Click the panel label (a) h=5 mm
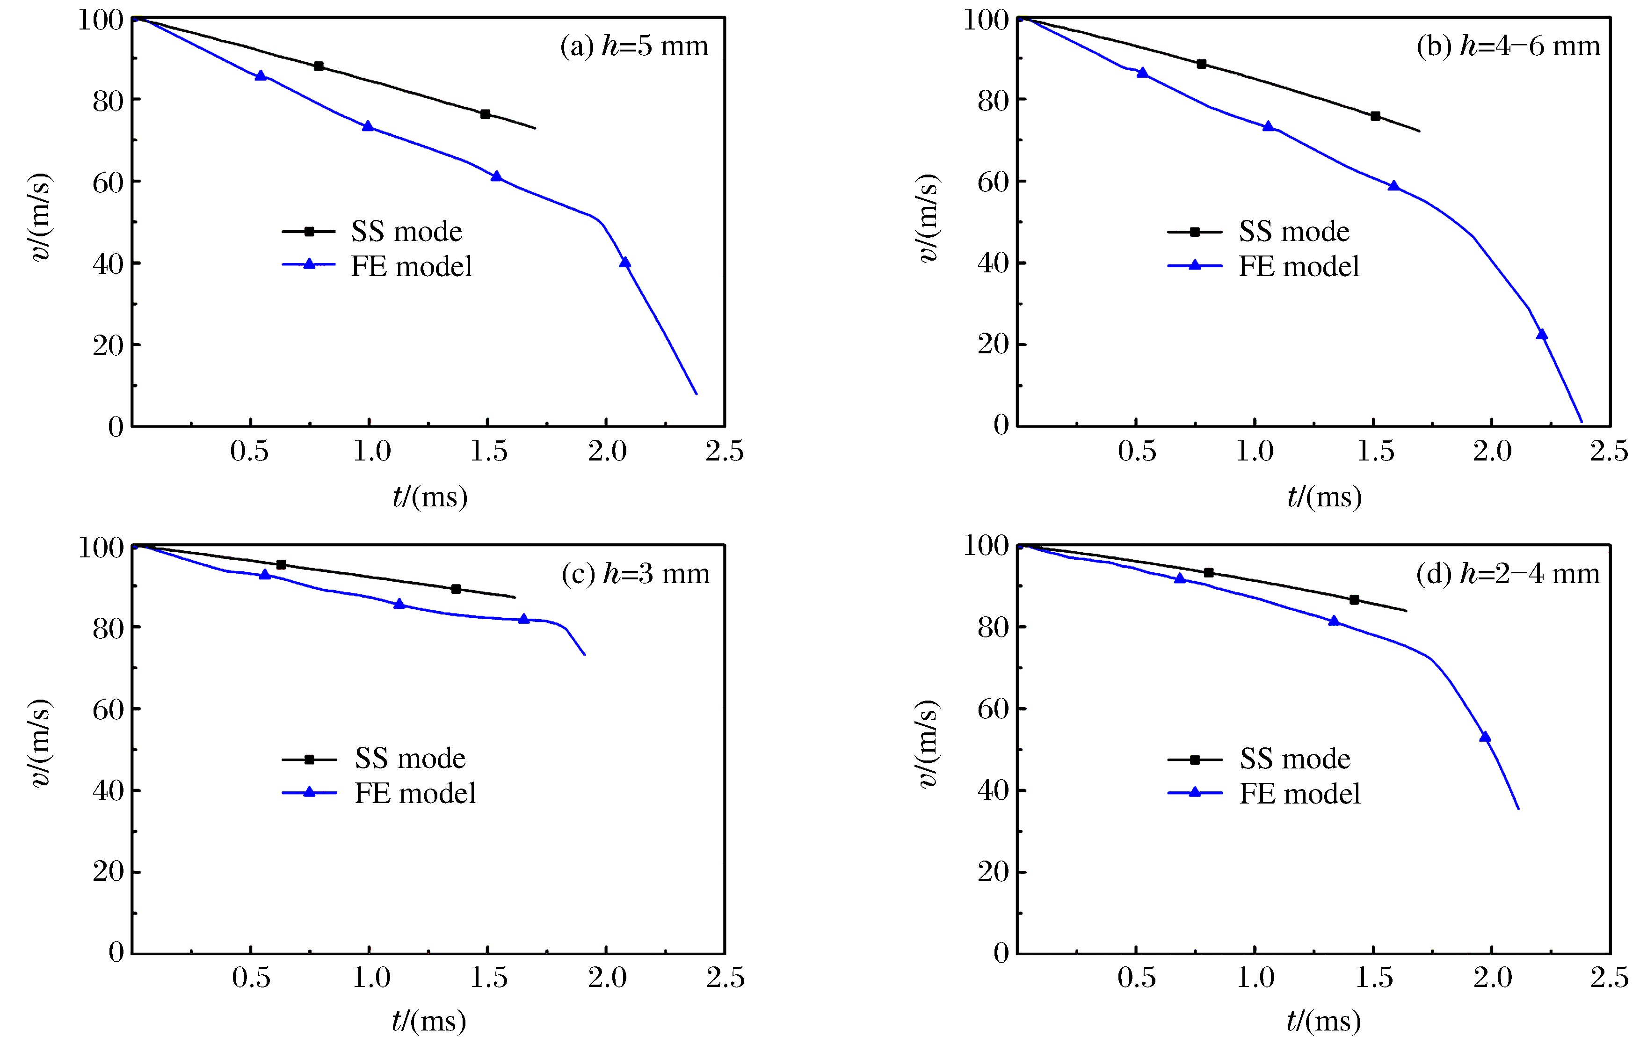[x=634, y=46]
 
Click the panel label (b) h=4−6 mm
[x=1508, y=46]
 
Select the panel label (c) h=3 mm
[x=635, y=573]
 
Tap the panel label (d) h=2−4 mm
[x=1508, y=573]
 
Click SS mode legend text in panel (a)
[x=406, y=232]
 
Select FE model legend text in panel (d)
[x=1299, y=794]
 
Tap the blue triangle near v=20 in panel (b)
[x=1542, y=335]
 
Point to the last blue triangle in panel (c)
[x=524, y=619]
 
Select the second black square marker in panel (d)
[x=1354, y=600]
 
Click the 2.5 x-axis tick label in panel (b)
[x=1609, y=452]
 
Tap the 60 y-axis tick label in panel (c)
[x=108, y=709]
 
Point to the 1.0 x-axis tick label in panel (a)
[x=371, y=452]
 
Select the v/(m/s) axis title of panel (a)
[x=41, y=218]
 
